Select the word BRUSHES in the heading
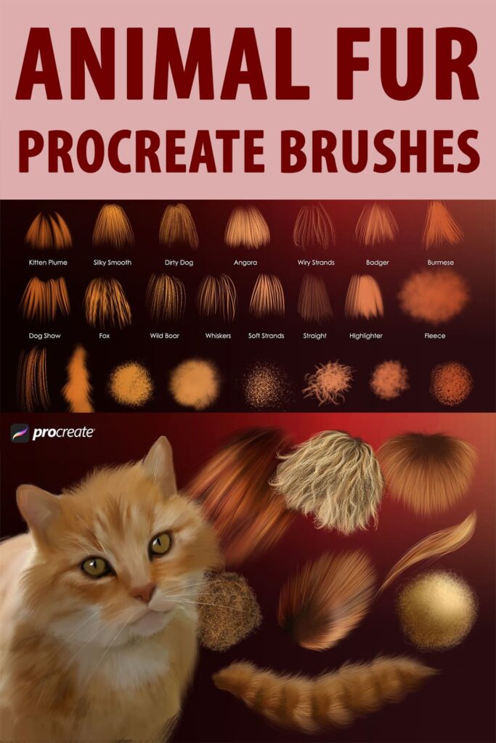click(386, 152)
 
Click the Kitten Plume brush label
click(48, 263)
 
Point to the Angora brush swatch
click(247, 228)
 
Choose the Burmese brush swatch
click(442, 226)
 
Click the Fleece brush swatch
click(434, 297)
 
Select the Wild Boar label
click(165, 336)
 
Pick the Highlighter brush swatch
click(365, 297)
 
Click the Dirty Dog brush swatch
click(179, 226)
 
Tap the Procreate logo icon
click(20, 433)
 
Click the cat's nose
click(143, 593)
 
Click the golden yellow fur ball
click(436, 609)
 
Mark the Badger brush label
click(376, 263)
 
